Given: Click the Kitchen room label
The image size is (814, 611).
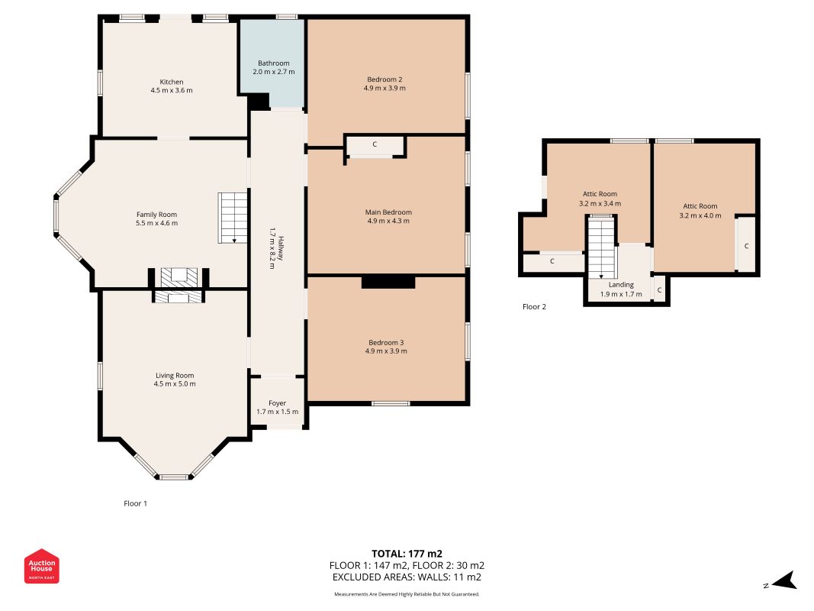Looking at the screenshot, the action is [172, 82].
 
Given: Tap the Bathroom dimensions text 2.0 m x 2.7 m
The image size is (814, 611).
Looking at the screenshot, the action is [274, 72].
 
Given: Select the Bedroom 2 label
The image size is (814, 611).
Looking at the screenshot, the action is [384, 79].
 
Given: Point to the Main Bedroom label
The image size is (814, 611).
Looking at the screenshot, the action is [388, 212].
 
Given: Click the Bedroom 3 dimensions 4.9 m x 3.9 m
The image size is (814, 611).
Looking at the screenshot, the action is [386, 351].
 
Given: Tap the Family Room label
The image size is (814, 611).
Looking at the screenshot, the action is [157, 215].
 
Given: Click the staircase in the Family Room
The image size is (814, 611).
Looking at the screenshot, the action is [233, 218].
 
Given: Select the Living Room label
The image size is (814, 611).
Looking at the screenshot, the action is [175, 376].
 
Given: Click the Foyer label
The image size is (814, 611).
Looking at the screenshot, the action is [277, 403].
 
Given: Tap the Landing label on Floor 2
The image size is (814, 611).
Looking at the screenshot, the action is [622, 285].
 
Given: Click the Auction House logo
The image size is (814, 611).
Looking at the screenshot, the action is [41, 566].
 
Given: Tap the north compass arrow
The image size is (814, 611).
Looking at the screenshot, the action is [784, 581].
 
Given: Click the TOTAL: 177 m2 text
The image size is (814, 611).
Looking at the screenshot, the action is [407, 554].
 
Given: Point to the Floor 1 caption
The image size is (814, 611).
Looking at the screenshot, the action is [136, 503].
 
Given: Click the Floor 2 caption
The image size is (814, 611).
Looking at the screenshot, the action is [534, 306].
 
